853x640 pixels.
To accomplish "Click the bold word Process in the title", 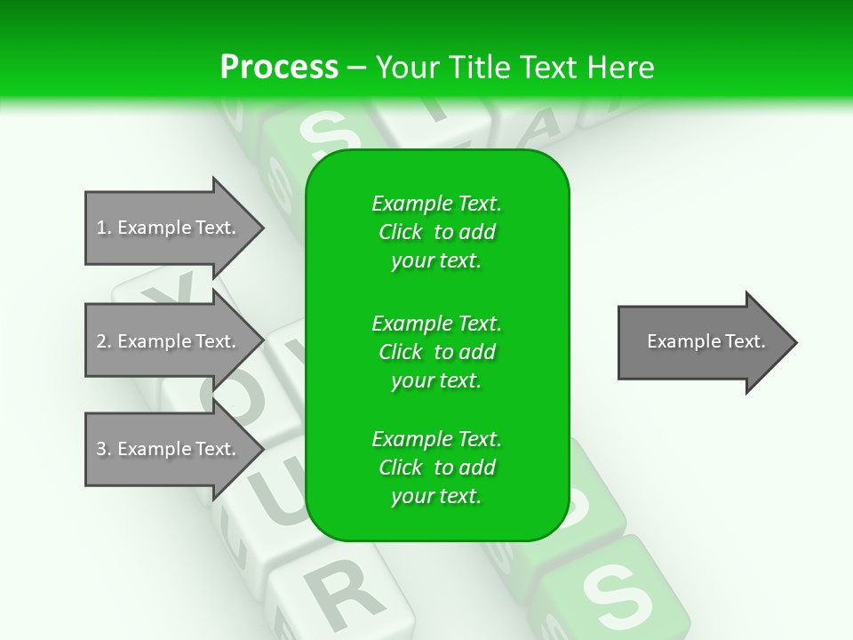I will click(279, 67).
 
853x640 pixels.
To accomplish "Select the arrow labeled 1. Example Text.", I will click(169, 228).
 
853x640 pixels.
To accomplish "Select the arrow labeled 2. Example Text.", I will click(169, 341).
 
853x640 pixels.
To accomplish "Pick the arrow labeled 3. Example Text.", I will click(169, 449).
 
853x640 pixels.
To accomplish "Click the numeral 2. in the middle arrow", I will click(104, 341).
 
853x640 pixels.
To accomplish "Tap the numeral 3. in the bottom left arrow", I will click(104, 449).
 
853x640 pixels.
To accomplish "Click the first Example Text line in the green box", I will click(436, 204).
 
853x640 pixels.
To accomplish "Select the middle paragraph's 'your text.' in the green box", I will click(436, 380).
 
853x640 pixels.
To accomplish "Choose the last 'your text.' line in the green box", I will click(436, 496).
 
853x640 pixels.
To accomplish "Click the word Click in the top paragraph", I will click(401, 232).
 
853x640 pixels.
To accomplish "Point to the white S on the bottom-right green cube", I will click(613, 591).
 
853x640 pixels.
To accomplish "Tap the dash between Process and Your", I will click(356, 68).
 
